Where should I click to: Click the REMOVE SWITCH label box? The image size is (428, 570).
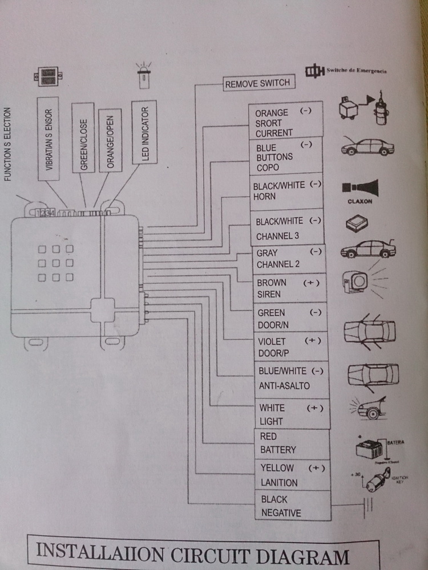pos(257,83)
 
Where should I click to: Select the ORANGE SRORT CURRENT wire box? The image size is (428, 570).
pos(285,122)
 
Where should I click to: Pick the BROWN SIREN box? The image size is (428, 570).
pos(289,288)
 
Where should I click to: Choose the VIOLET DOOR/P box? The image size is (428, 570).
pos(290,347)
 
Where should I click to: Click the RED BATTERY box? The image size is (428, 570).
pos(292,443)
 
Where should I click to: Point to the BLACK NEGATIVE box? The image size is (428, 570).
pos(293,506)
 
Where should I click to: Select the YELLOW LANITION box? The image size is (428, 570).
pos(292,475)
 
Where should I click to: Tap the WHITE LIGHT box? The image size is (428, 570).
pos(292,414)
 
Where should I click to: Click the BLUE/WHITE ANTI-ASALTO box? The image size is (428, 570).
pos(292,378)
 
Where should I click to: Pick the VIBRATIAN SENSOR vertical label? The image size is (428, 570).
pos(48,139)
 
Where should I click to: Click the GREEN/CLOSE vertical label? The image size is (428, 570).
pos(83,137)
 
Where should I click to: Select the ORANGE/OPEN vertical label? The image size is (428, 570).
pos(110,140)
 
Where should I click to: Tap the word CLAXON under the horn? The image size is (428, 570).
pos(360,201)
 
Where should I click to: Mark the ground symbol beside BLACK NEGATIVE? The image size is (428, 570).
pos(368,505)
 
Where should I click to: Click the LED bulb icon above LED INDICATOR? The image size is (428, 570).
pos(142,76)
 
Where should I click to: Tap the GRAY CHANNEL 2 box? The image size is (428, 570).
pos(288,258)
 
